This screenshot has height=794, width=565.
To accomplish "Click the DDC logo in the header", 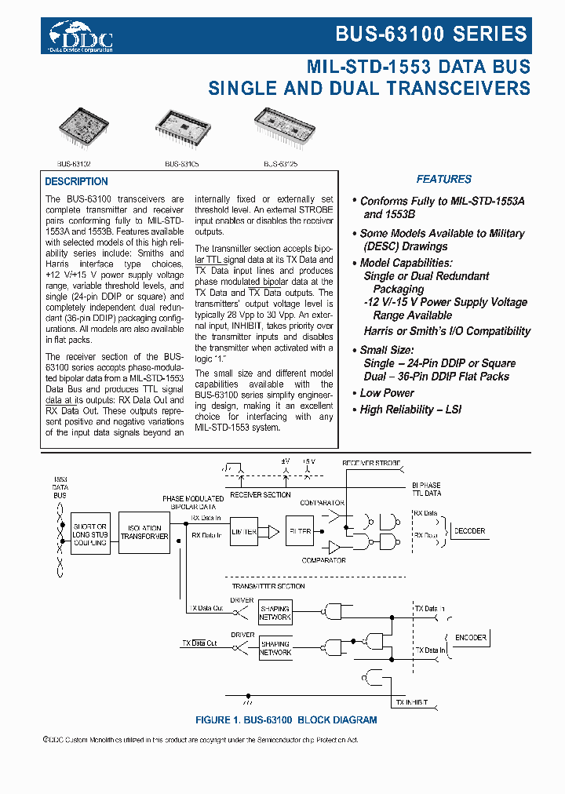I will [x=81, y=36].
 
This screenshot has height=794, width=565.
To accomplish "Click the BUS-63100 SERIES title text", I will [x=431, y=34].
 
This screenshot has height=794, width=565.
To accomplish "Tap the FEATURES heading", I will [x=443, y=179].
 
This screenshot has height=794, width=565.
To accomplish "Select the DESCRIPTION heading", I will [x=76, y=181].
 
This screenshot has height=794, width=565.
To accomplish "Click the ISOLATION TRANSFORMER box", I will [x=144, y=532].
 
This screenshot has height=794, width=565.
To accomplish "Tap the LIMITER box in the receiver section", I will [x=244, y=532].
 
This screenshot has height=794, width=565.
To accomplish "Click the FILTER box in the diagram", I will [x=299, y=532].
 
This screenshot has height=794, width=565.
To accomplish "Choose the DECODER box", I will [x=468, y=531].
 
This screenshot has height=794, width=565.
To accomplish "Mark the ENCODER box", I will [x=470, y=638].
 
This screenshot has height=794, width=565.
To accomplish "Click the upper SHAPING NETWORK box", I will [x=275, y=613].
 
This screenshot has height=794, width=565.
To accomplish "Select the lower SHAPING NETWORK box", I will [x=275, y=648].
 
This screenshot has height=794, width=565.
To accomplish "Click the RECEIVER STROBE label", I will [x=370, y=463].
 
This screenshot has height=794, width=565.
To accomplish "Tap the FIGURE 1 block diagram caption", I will [x=286, y=719].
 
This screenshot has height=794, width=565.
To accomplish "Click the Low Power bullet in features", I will [x=387, y=393].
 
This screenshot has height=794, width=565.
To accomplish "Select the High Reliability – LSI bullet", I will [x=410, y=410].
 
